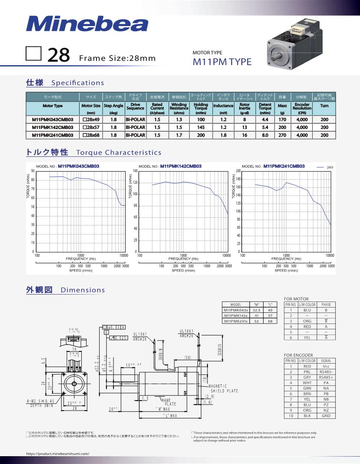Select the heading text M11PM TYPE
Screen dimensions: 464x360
coord(222,62)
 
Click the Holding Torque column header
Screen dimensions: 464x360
coord(201,106)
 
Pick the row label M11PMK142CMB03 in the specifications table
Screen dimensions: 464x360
coord(53,127)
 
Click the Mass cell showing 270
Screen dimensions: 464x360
coord(282,135)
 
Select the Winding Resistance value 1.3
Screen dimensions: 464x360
coord(179,119)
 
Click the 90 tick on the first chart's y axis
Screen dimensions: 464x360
coord(33,171)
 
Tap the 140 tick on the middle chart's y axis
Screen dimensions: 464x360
coord(135,171)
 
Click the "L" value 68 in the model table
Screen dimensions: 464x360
coord(270,321)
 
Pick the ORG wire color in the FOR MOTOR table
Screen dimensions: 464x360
coord(307,321)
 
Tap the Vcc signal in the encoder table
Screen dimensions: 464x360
coord(326,366)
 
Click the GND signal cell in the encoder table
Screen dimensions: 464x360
coord(326,416)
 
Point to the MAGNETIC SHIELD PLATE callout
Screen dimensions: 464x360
coord(223,388)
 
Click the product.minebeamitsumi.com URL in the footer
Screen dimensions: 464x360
coord(58,453)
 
